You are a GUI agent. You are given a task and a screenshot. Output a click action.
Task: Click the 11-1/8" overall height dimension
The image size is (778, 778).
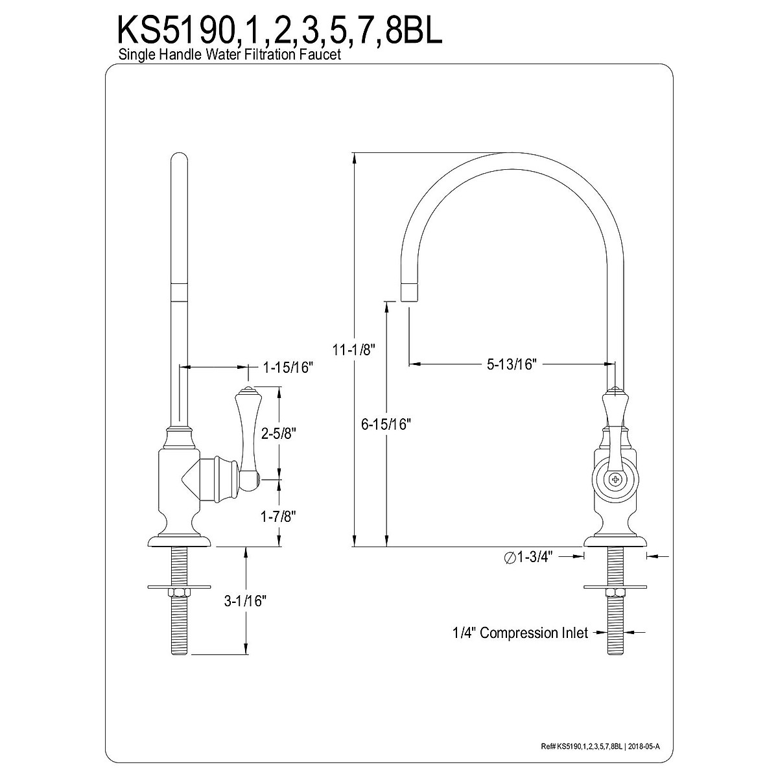[x=354, y=349]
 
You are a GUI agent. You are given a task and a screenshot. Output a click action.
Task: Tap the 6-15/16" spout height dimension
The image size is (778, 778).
[x=386, y=424]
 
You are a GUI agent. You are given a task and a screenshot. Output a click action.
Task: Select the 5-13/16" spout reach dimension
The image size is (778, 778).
[x=512, y=364]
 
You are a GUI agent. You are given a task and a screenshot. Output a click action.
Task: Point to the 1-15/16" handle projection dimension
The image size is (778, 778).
[x=288, y=368]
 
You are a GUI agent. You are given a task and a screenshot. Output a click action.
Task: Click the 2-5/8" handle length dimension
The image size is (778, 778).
[x=279, y=434]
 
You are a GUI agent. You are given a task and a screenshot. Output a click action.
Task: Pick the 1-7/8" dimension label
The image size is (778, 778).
[x=279, y=516]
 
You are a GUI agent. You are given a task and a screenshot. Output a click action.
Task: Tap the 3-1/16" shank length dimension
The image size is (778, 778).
[x=246, y=601]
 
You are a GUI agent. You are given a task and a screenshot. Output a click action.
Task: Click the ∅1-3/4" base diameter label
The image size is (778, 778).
[x=528, y=557]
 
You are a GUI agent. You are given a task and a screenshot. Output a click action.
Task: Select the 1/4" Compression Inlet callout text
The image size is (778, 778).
[x=520, y=633]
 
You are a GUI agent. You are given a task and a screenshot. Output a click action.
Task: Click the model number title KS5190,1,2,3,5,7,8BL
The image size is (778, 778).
[x=280, y=30]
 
